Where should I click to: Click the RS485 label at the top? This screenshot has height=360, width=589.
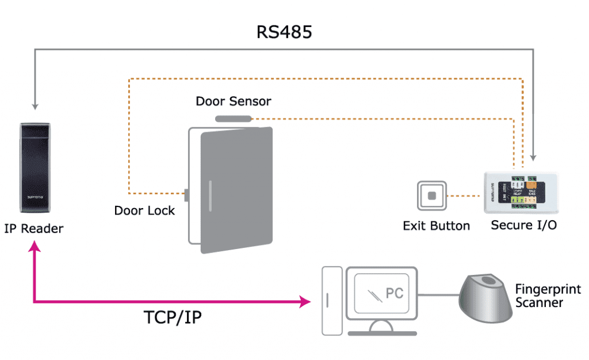click(x=284, y=32)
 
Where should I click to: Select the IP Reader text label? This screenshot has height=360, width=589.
click(x=34, y=229)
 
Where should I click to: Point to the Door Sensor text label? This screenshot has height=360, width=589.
click(x=233, y=101)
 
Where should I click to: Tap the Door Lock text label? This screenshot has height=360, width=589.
click(x=144, y=210)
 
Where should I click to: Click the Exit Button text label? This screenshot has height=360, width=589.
click(x=436, y=226)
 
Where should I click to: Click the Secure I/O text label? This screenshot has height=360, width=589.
click(x=523, y=225)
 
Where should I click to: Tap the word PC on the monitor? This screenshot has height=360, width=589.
click(x=394, y=293)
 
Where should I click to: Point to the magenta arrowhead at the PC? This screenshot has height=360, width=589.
click(x=305, y=301)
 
